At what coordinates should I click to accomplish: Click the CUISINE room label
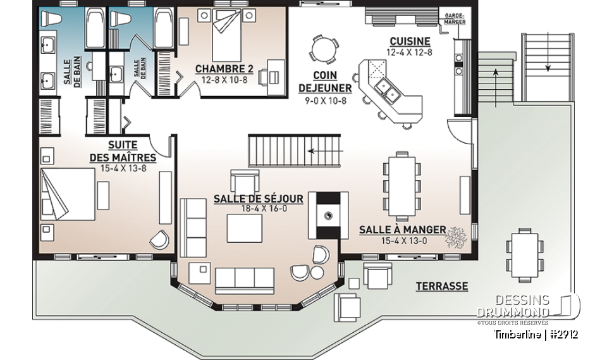(410, 42)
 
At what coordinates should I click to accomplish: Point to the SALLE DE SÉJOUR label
(258, 199)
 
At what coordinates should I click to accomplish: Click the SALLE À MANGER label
(402, 230)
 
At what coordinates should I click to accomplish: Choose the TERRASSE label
(441, 287)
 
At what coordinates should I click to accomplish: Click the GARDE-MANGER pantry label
(455, 18)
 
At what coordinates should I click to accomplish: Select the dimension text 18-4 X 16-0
(258, 208)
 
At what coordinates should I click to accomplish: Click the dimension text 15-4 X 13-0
(402, 240)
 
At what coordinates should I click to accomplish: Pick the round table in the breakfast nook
(322, 48)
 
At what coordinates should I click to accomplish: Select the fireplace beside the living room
(328, 215)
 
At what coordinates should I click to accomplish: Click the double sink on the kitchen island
(386, 91)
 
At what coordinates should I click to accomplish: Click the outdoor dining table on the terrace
(524, 255)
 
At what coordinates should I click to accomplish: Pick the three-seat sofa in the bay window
(245, 278)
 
